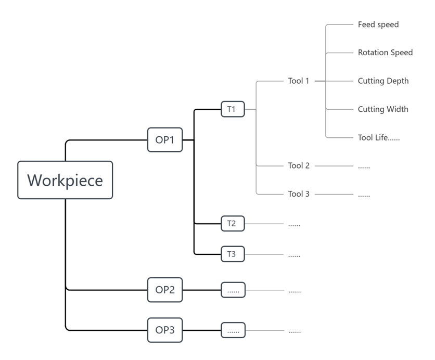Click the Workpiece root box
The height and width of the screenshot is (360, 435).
tap(65, 180)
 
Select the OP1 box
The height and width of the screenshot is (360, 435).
tap(165, 140)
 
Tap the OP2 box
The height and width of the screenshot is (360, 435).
tap(165, 290)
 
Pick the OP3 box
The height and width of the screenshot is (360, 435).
tap(165, 330)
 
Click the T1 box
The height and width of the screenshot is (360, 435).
tap(232, 109)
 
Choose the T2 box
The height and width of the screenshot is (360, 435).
tap(232, 224)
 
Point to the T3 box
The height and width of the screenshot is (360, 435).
tap(232, 254)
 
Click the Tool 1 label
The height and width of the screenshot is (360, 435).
tap(299, 81)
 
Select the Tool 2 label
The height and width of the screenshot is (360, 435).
tap(299, 166)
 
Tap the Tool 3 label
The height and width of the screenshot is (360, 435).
tap(299, 194)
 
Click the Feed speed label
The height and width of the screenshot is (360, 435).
tap(378, 24)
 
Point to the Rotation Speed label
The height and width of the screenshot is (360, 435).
tap(385, 53)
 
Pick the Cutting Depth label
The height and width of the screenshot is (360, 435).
tap(383, 81)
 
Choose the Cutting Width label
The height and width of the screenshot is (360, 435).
tap(383, 109)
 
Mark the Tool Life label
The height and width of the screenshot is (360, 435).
tap(379, 138)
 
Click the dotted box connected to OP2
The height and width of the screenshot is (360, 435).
tap(233, 290)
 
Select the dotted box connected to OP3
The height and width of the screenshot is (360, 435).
tap(233, 330)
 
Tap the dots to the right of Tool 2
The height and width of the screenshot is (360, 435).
tap(364, 166)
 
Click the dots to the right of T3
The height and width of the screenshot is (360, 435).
tap(295, 255)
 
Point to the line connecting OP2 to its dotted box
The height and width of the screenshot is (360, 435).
tap(202, 290)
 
